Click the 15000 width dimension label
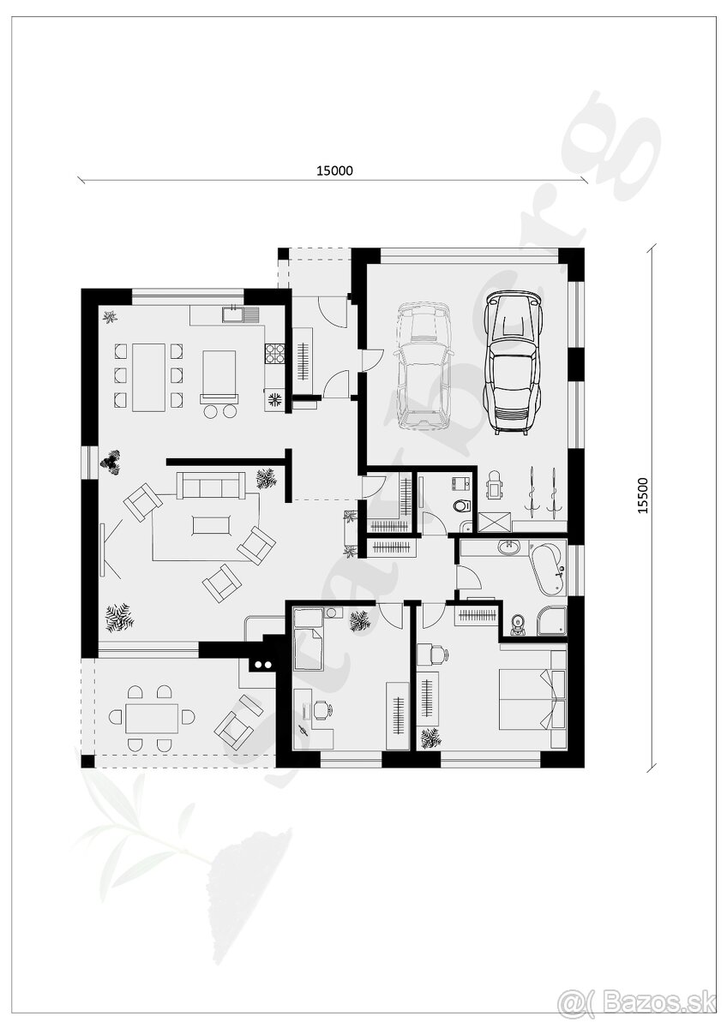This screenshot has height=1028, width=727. (334, 170)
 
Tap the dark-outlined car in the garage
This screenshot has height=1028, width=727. (512, 362)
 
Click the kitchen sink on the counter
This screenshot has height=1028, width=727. (233, 314)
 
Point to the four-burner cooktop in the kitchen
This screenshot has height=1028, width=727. (275, 353)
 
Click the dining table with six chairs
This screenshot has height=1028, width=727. (148, 376)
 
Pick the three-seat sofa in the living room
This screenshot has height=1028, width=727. (211, 485)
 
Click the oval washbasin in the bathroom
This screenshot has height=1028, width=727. (509, 548)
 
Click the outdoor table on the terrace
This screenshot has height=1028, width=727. (152, 717)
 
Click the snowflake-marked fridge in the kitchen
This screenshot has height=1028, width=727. (275, 398)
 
